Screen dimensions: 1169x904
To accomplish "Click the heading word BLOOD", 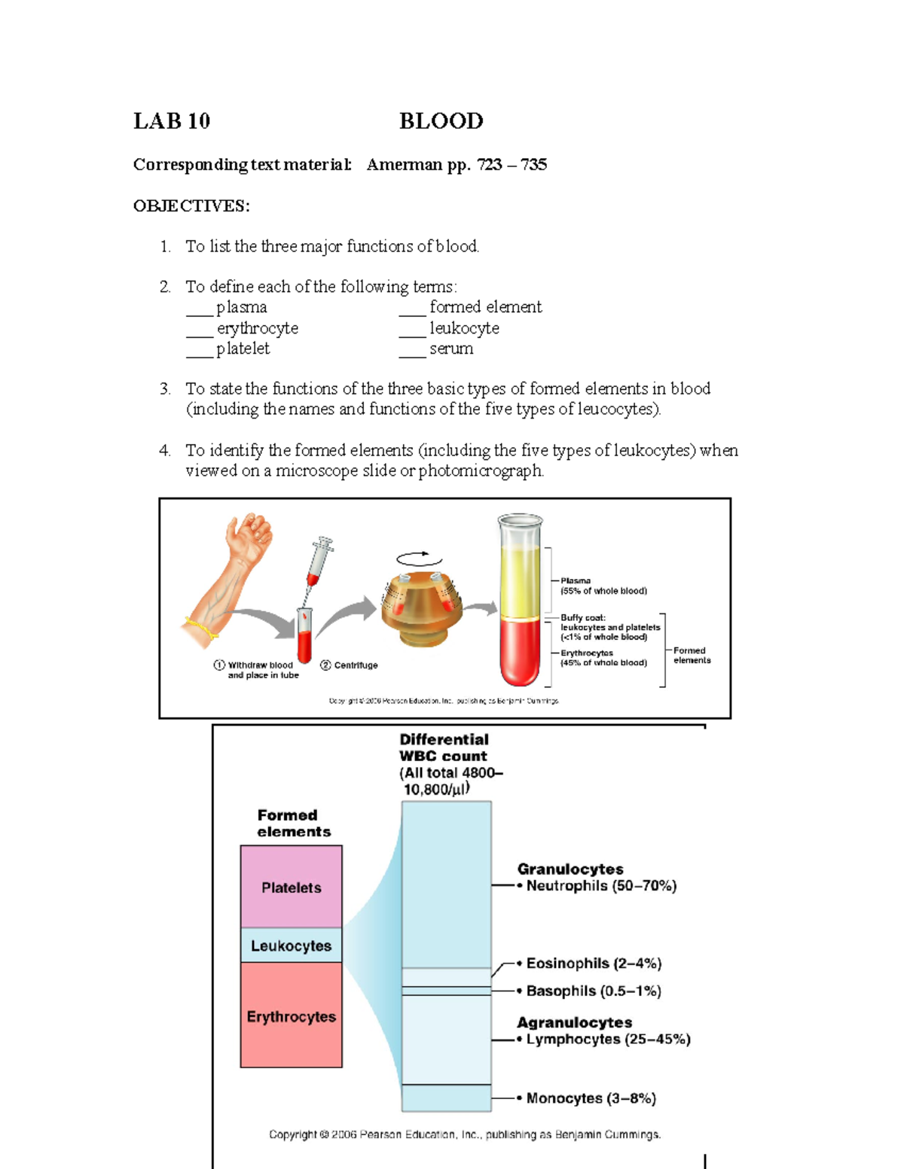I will coord(441,121).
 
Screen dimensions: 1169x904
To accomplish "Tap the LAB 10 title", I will coord(172,121).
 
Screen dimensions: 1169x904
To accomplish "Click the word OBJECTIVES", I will coord(191,206).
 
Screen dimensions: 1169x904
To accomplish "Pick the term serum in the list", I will coord(451,349).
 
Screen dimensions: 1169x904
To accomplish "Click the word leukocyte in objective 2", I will coord(464,328).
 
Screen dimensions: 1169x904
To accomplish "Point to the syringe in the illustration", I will coord(319,561).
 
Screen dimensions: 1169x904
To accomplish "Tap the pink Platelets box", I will coord(291,887).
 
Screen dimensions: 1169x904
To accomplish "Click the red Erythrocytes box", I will coord(291,1015).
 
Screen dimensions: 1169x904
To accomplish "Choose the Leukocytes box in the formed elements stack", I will coord(291,945).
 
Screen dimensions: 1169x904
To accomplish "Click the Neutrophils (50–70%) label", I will coord(600,886).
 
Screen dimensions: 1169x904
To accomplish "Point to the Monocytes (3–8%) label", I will coord(591,1098).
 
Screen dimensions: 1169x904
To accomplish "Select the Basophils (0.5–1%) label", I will coord(593,991).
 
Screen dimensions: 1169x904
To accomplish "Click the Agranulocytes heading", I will coord(574,1022).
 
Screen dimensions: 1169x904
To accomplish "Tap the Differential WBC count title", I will coord(444,747).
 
